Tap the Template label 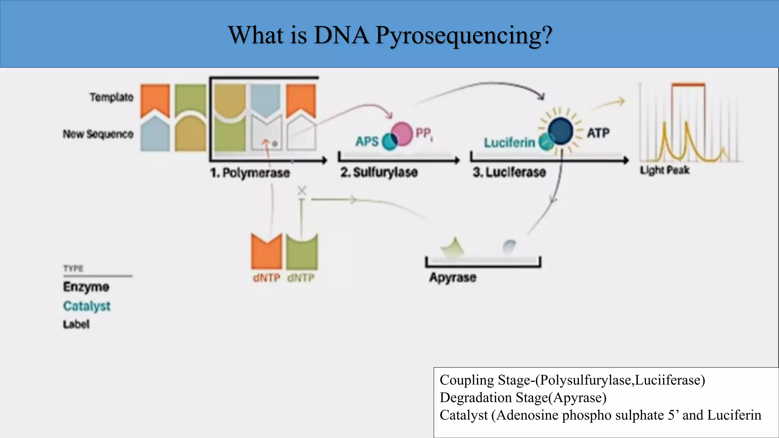coord(111,97)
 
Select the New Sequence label coord(98,134)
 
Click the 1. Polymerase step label coord(250,173)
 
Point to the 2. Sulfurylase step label coord(379,172)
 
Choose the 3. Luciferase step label coord(509,172)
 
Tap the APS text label coord(367,141)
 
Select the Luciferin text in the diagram coord(509,143)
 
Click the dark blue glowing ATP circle coord(561,131)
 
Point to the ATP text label coord(598,133)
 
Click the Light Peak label coord(664,170)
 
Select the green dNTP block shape coord(302,252)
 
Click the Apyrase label coord(453,277)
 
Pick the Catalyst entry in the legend coord(87,306)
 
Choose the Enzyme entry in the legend coord(86,287)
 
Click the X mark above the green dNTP coord(302,190)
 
